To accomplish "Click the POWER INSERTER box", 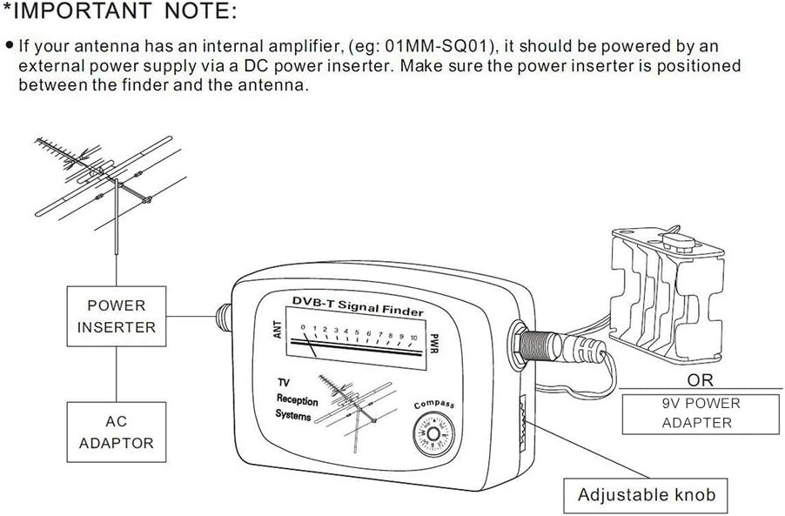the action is point(116,317).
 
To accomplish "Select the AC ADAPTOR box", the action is point(116,432).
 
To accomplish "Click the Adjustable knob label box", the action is point(646,495).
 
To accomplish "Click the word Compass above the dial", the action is point(433,405).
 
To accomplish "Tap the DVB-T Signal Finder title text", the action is point(359,305).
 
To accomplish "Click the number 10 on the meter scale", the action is point(413,337).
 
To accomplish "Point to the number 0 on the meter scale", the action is point(302,328).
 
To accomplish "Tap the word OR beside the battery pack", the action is point(700,380).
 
